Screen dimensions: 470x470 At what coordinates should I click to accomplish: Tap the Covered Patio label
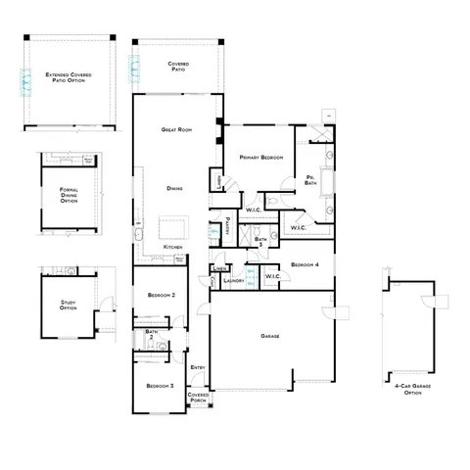pos(178,66)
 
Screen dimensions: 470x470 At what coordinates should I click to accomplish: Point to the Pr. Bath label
pos(310,179)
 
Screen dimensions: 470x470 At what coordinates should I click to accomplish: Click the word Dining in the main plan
pos(174,188)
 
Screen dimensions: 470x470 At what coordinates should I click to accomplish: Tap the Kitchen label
pos(173,246)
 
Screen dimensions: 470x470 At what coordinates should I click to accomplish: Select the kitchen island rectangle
pos(180,220)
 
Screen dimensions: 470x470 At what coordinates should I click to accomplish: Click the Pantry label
pos(227,222)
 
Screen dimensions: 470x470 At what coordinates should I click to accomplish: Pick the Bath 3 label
pos(261,240)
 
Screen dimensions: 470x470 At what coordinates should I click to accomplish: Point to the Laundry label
pos(233,281)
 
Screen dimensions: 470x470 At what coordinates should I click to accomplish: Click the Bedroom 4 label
pos(305,264)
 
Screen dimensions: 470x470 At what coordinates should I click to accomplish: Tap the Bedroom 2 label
pos(161,295)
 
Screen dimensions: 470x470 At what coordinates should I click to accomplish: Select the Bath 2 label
pos(152,335)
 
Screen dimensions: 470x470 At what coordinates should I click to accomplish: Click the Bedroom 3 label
pos(160,386)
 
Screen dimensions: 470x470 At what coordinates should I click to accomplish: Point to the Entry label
pos(198,367)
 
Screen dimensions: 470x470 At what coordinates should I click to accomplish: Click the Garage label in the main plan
pos(270,336)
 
